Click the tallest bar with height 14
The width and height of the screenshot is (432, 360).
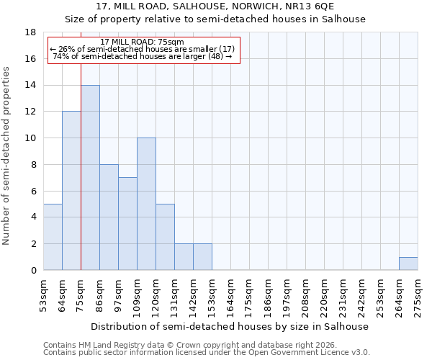pos(90,177)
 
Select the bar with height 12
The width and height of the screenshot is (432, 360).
pos(71,191)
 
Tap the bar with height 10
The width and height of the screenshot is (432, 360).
pos(146,204)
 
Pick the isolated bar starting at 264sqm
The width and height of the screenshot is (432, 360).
pos(408,264)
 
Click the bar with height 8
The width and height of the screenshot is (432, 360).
pos(109,217)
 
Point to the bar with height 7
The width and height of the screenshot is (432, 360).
pos(127,223)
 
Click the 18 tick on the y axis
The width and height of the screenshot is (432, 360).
pos(31,32)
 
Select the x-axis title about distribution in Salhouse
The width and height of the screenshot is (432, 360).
pos(230,326)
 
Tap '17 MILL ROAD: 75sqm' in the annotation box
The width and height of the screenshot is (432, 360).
pos(143,42)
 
